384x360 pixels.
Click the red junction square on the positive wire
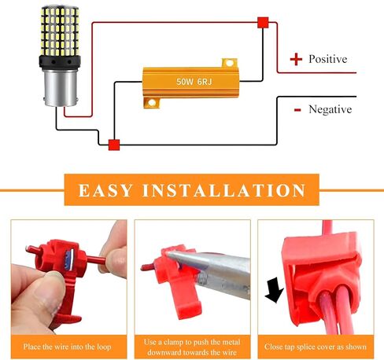pyautogui.click(x=263, y=23)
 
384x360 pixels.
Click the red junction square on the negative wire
pyautogui.click(x=114, y=145)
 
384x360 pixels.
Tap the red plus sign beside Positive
pyautogui.click(x=296, y=59)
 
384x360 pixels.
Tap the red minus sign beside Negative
pyautogui.click(x=297, y=110)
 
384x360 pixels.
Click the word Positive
pyautogui.click(x=328, y=59)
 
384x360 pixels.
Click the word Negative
pyautogui.click(x=330, y=109)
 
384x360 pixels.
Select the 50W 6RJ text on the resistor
pyautogui.click(x=194, y=82)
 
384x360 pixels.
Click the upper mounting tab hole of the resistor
pyautogui.click(x=229, y=63)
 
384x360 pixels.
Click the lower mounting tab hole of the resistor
pyautogui.click(x=152, y=103)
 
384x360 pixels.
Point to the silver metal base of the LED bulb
pyautogui.click(x=61, y=88)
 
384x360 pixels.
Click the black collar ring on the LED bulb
pyautogui.click(x=60, y=62)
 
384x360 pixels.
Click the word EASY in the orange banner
pyautogui.click(x=105, y=190)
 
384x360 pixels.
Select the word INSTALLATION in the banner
pyautogui.click(x=223, y=190)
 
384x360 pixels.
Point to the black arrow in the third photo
pyautogui.click(x=275, y=290)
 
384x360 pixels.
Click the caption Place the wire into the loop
pyautogui.click(x=67, y=347)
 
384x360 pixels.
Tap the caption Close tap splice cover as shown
pyautogui.click(x=316, y=347)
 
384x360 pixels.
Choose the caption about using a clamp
pyautogui.click(x=193, y=347)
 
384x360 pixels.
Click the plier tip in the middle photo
pyautogui.click(x=170, y=254)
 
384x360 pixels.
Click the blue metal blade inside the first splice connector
pyautogui.click(x=70, y=260)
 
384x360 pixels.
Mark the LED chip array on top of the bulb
pyautogui.click(x=60, y=31)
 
